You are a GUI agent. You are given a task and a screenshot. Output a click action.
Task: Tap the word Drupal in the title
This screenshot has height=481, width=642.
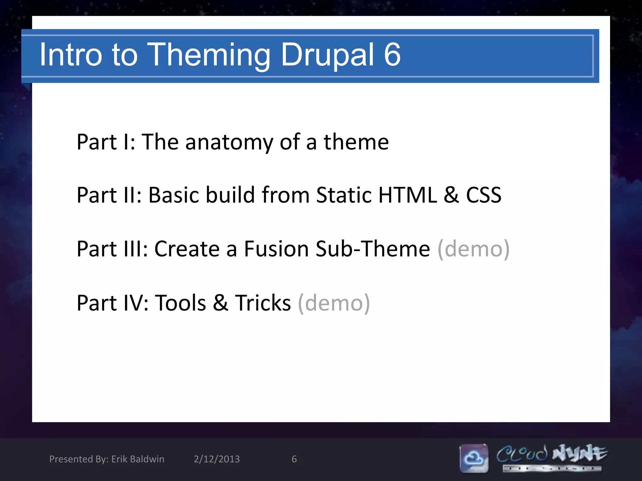(327, 55)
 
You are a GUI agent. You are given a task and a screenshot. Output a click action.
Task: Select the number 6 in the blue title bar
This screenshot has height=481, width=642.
(392, 55)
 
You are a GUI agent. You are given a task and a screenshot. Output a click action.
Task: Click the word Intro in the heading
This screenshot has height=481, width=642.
(71, 55)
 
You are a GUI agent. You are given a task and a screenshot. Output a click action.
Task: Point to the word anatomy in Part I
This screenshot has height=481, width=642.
(229, 142)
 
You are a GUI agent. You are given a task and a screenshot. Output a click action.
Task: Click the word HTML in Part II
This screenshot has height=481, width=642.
(408, 195)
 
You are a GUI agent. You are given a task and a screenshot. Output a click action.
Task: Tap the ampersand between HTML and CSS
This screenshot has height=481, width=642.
(451, 195)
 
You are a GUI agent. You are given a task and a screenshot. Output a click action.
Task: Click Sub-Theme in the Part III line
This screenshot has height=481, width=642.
(373, 249)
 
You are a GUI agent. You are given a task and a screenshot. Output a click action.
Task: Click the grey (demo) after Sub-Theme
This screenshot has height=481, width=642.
(473, 249)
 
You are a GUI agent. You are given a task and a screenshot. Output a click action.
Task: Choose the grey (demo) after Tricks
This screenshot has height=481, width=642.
(334, 303)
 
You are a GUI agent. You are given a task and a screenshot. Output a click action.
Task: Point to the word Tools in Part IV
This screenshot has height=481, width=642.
(181, 303)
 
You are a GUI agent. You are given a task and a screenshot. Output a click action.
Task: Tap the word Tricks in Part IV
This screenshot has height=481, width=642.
(263, 303)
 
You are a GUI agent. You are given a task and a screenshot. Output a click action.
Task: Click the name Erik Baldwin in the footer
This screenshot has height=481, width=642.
(138, 459)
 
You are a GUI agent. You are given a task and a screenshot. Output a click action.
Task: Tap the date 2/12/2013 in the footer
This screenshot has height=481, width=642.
(217, 459)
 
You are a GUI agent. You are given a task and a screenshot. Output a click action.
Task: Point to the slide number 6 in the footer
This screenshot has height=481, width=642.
(294, 459)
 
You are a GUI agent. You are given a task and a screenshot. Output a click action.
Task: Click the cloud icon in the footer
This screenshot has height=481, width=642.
(474, 458)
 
